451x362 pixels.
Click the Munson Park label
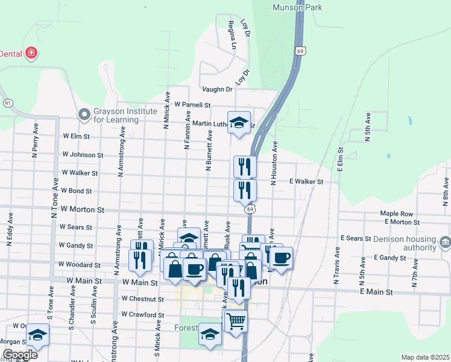[x=298, y=7]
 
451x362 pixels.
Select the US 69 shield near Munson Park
[x=299, y=51]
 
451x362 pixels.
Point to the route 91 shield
[x=7, y=103]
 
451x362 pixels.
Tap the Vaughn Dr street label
[x=217, y=89]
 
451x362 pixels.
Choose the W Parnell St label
[x=192, y=104]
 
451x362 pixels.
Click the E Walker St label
[x=306, y=181]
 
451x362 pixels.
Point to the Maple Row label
[x=396, y=214]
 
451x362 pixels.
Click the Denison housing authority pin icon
[x=445, y=243]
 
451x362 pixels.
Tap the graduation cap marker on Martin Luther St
[x=239, y=123]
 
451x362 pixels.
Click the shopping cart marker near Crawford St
[x=236, y=320]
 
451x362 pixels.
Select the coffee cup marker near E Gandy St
[x=281, y=258]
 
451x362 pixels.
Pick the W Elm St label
[x=76, y=137]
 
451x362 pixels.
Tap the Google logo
[x=20, y=355]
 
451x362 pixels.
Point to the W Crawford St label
[x=142, y=315]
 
